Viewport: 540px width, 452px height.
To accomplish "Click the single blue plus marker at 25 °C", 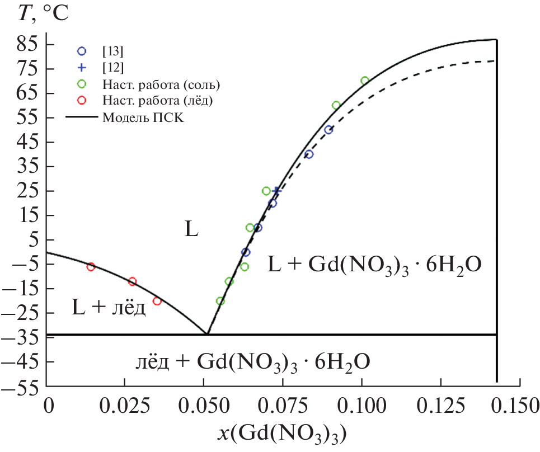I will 276,191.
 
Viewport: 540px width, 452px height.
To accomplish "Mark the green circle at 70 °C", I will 365,81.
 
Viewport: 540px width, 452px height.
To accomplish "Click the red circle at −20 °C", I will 157,301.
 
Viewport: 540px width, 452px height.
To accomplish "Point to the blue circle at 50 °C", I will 328,130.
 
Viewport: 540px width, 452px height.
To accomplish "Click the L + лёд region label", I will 109,307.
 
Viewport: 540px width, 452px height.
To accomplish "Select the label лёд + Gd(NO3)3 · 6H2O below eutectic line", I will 252,361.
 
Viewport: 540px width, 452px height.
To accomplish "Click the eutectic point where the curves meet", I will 207,334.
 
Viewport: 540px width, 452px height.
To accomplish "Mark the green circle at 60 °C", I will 336,105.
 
